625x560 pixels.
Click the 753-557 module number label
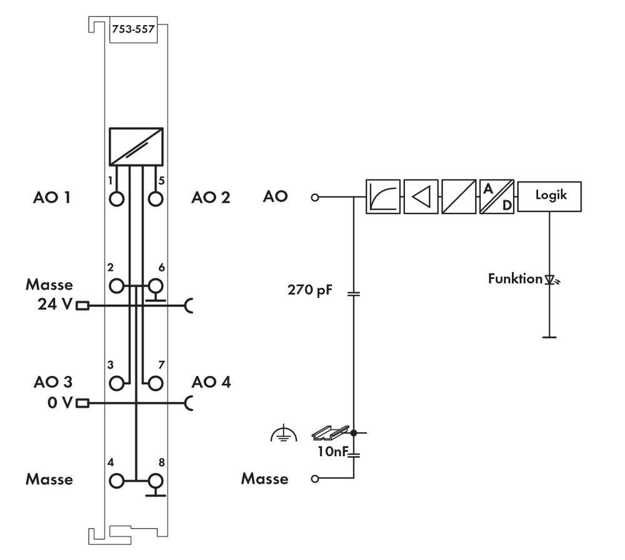133,29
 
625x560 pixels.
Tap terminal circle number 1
117,199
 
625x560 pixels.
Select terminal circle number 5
155,199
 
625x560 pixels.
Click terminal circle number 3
117,383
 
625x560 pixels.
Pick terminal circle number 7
155,383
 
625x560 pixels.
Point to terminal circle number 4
117,481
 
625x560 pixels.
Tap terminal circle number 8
155,481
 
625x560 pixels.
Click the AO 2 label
211,198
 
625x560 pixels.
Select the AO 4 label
211,382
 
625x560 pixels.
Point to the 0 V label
60,402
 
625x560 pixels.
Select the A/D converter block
497,197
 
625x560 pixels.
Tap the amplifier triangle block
421,197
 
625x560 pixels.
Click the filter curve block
382,197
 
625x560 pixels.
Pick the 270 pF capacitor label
310,290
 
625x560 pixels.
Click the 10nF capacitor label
331,451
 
